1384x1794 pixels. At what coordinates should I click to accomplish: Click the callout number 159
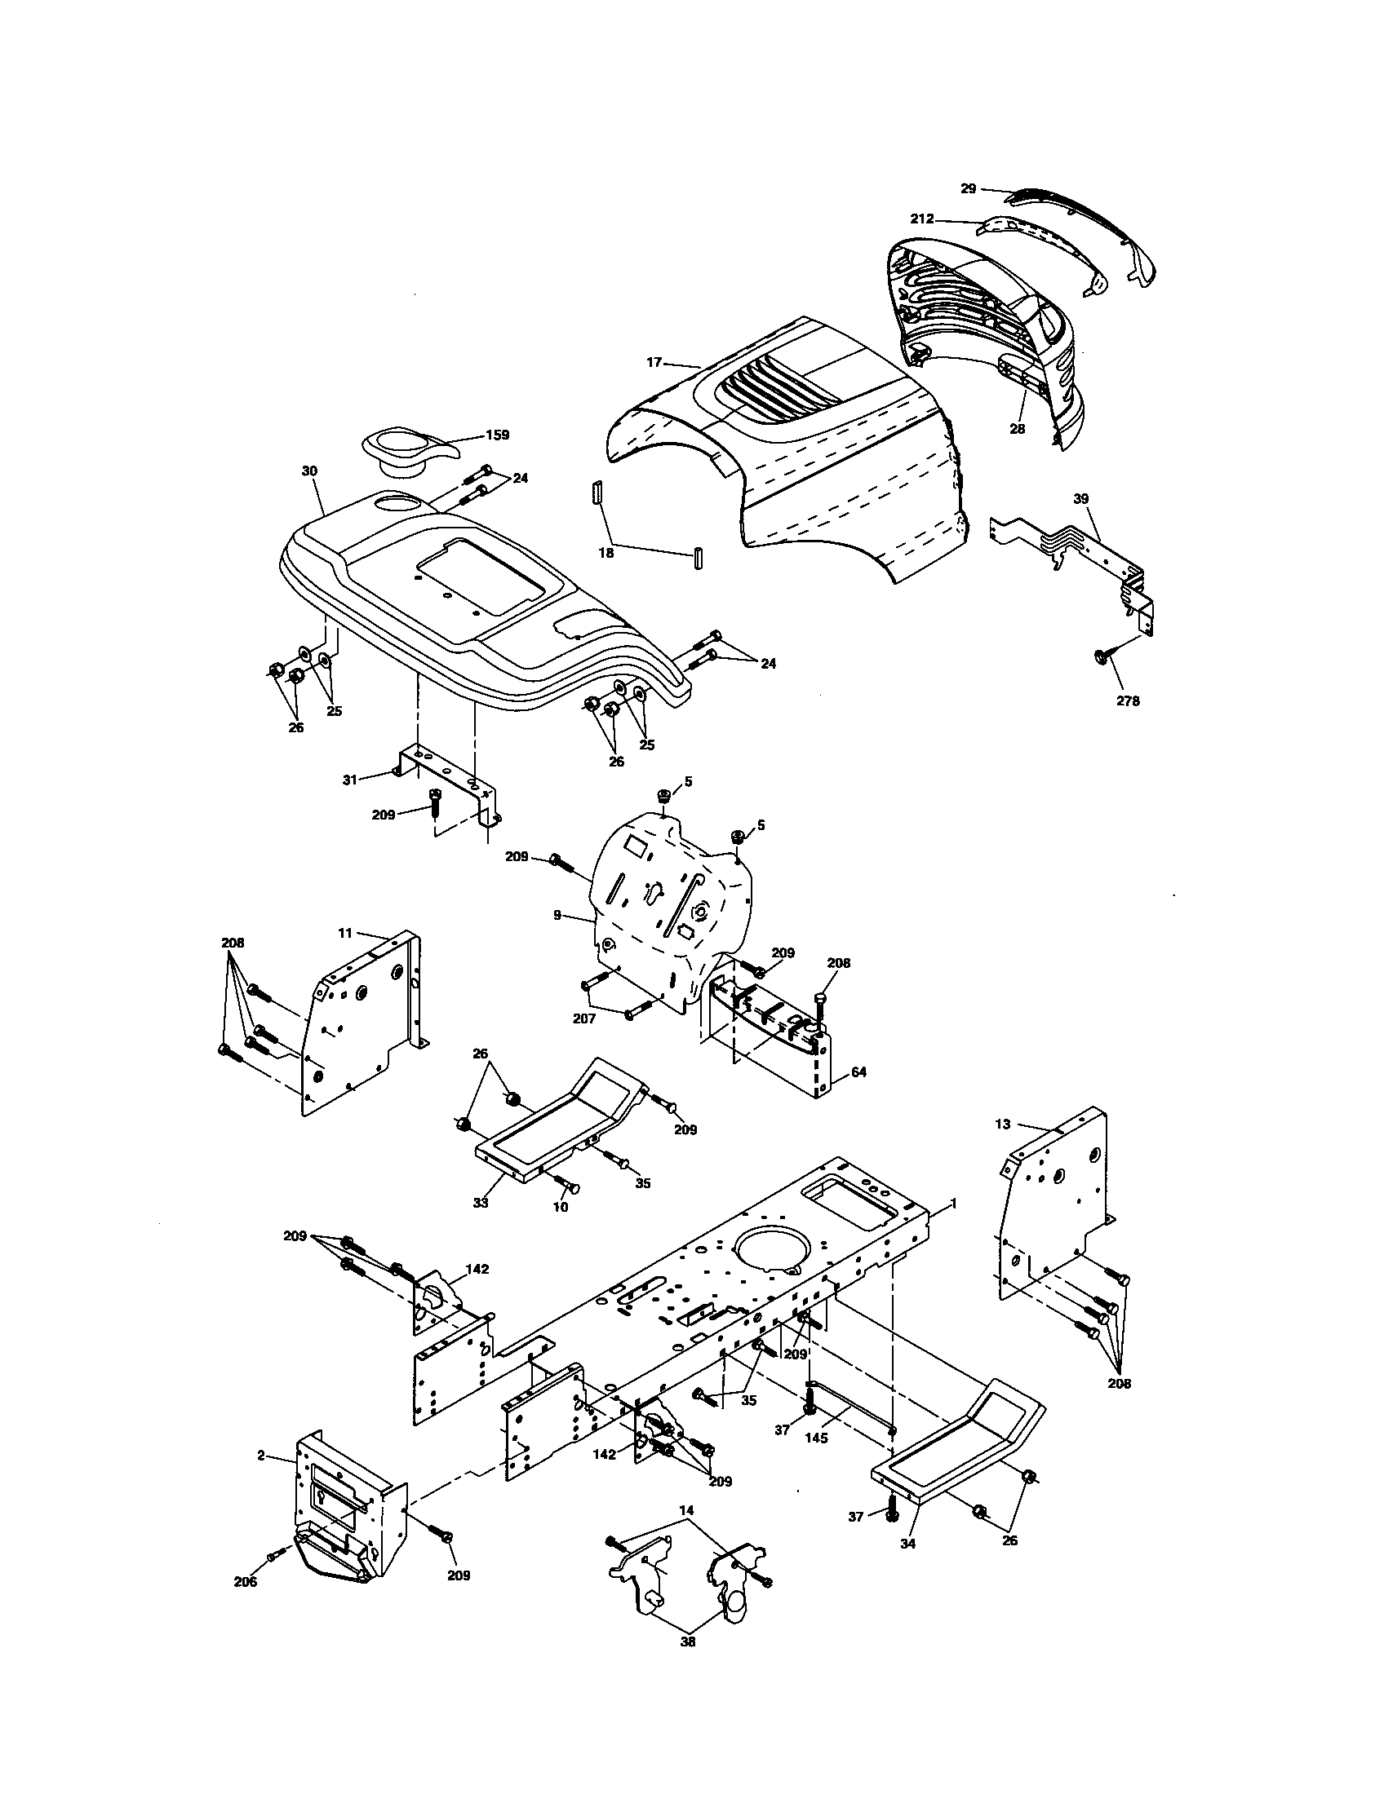click(x=497, y=435)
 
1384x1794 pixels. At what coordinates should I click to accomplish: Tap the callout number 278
click(x=1128, y=700)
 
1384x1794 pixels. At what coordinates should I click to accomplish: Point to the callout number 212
click(x=922, y=219)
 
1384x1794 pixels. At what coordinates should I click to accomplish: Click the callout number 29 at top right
click(x=968, y=188)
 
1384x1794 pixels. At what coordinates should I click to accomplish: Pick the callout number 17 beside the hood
click(x=654, y=361)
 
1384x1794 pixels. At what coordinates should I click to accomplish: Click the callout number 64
click(x=858, y=1072)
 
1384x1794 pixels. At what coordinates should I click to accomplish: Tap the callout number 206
click(x=245, y=1581)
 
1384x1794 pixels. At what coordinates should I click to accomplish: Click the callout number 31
click(x=350, y=779)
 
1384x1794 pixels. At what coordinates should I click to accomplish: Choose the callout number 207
click(x=584, y=1018)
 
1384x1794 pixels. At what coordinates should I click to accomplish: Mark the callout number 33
click(x=481, y=1203)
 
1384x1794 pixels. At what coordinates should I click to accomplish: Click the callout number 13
click(x=1002, y=1124)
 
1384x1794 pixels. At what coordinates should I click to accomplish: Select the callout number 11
click(x=345, y=932)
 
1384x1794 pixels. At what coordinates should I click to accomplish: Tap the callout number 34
click(x=907, y=1543)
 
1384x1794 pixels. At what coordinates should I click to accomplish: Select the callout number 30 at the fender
click(x=309, y=471)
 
